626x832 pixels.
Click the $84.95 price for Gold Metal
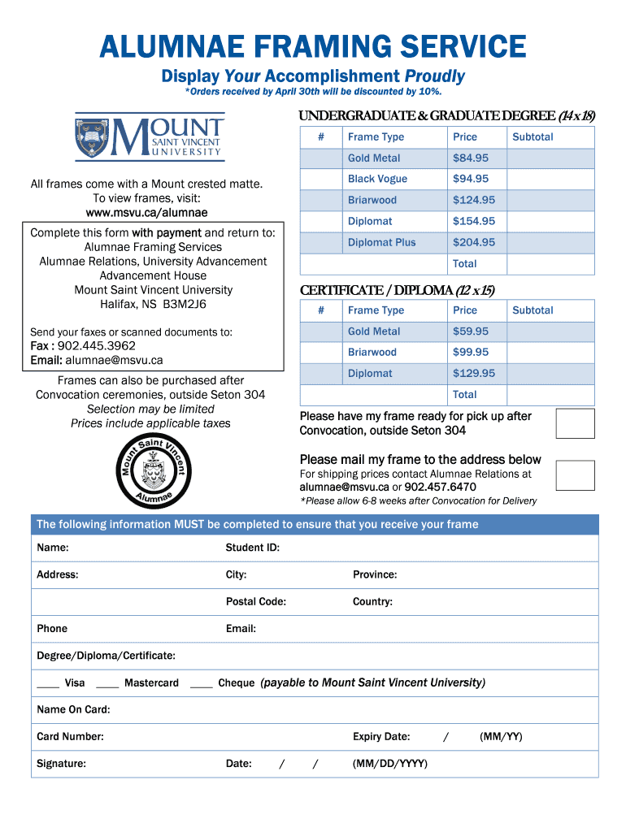pos(471,158)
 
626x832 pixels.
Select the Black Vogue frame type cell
pos(377,179)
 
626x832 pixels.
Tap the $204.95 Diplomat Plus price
pos(474,242)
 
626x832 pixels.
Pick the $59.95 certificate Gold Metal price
pos(471,331)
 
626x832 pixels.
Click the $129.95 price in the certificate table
pos(474,374)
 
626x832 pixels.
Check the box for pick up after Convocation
pos(575,423)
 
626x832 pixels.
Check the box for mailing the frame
pos(575,474)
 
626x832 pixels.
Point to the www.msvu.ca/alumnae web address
pos(146,213)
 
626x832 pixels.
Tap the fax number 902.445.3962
pos(97,346)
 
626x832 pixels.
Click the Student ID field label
pos(252,548)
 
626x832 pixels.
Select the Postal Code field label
pos(255,602)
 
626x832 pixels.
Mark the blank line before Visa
pos(47,683)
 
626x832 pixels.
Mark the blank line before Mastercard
pos(107,683)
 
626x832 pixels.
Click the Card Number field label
pos(70,737)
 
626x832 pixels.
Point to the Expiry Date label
pos(380,737)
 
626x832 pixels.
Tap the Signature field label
pos(61,764)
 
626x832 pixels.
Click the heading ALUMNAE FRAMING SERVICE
pos(312,46)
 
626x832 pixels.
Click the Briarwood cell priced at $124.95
pos(372,200)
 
